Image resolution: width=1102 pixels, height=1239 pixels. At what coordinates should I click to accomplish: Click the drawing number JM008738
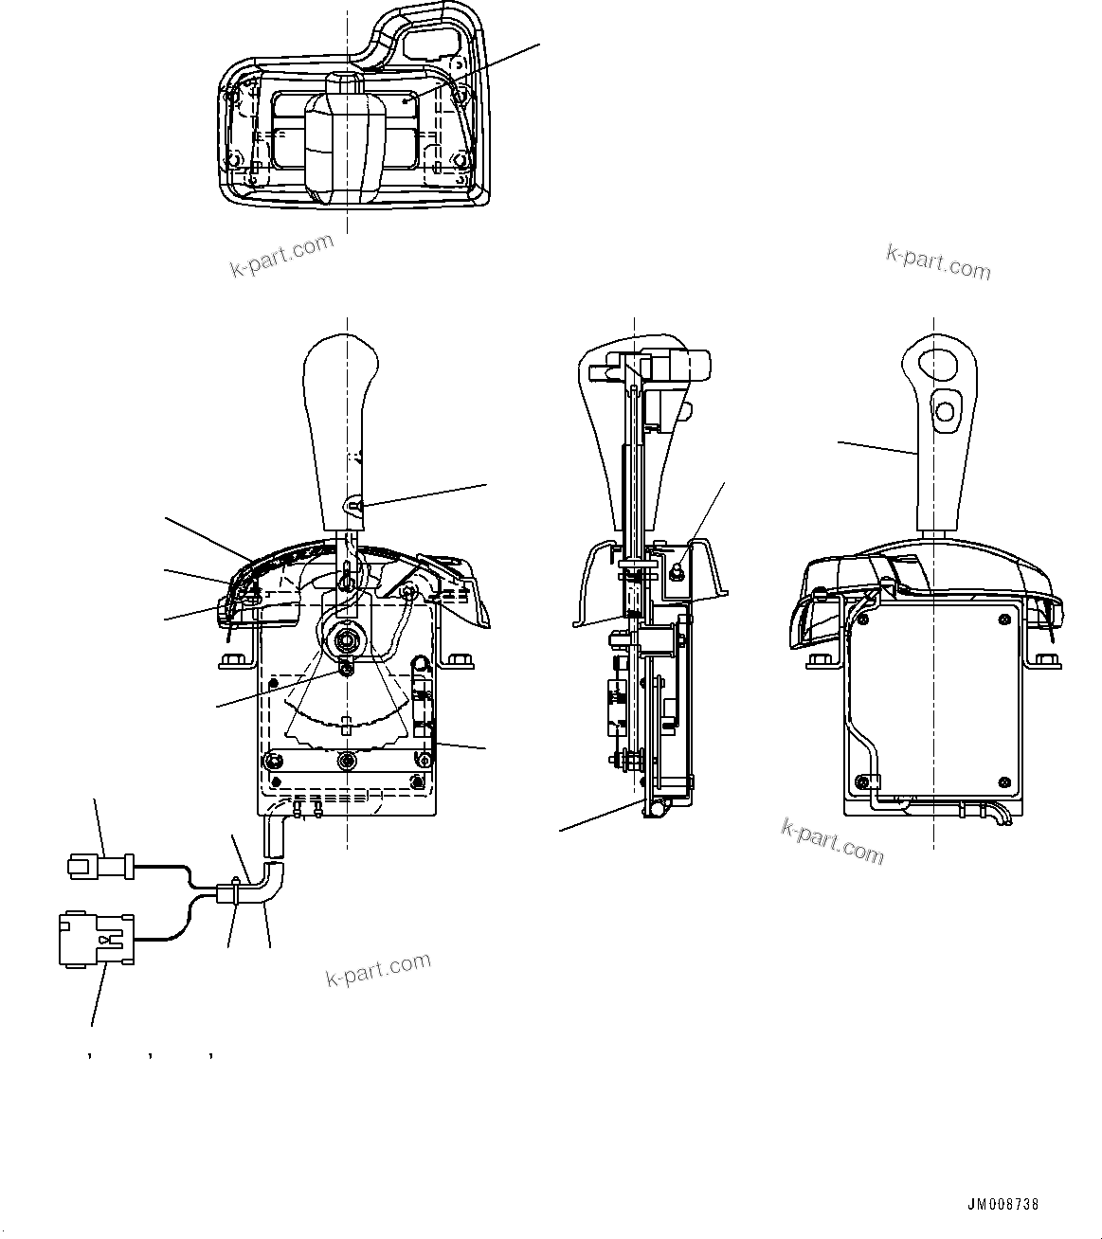pyautogui.click(x=1003, y=1205)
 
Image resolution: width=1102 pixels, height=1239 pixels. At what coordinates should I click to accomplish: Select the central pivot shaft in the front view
pyautogui.click(x=347, y=640)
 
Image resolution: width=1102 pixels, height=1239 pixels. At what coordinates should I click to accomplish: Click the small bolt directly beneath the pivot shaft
pyautogui.click(x=347, y=670)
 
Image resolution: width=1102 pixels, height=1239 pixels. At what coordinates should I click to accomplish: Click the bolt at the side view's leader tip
pyautogui.click(x=678, y=570)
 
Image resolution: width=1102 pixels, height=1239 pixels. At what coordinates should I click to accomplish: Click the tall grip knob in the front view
pyautogui.click(x=341, y=426)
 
